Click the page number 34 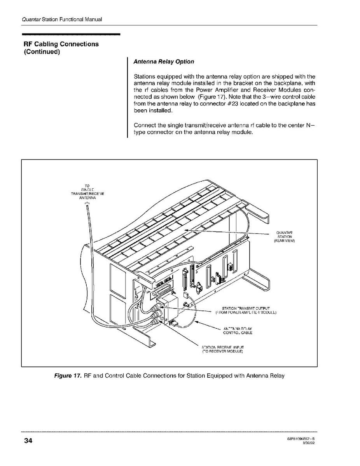[x=28, y=441]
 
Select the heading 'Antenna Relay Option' [x=164, y=62]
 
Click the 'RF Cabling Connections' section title [x=61, y=44]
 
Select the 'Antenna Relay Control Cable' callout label [x=238, y=331]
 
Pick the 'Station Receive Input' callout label [x=222, y=349]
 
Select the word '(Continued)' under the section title [x=42, y=52]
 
